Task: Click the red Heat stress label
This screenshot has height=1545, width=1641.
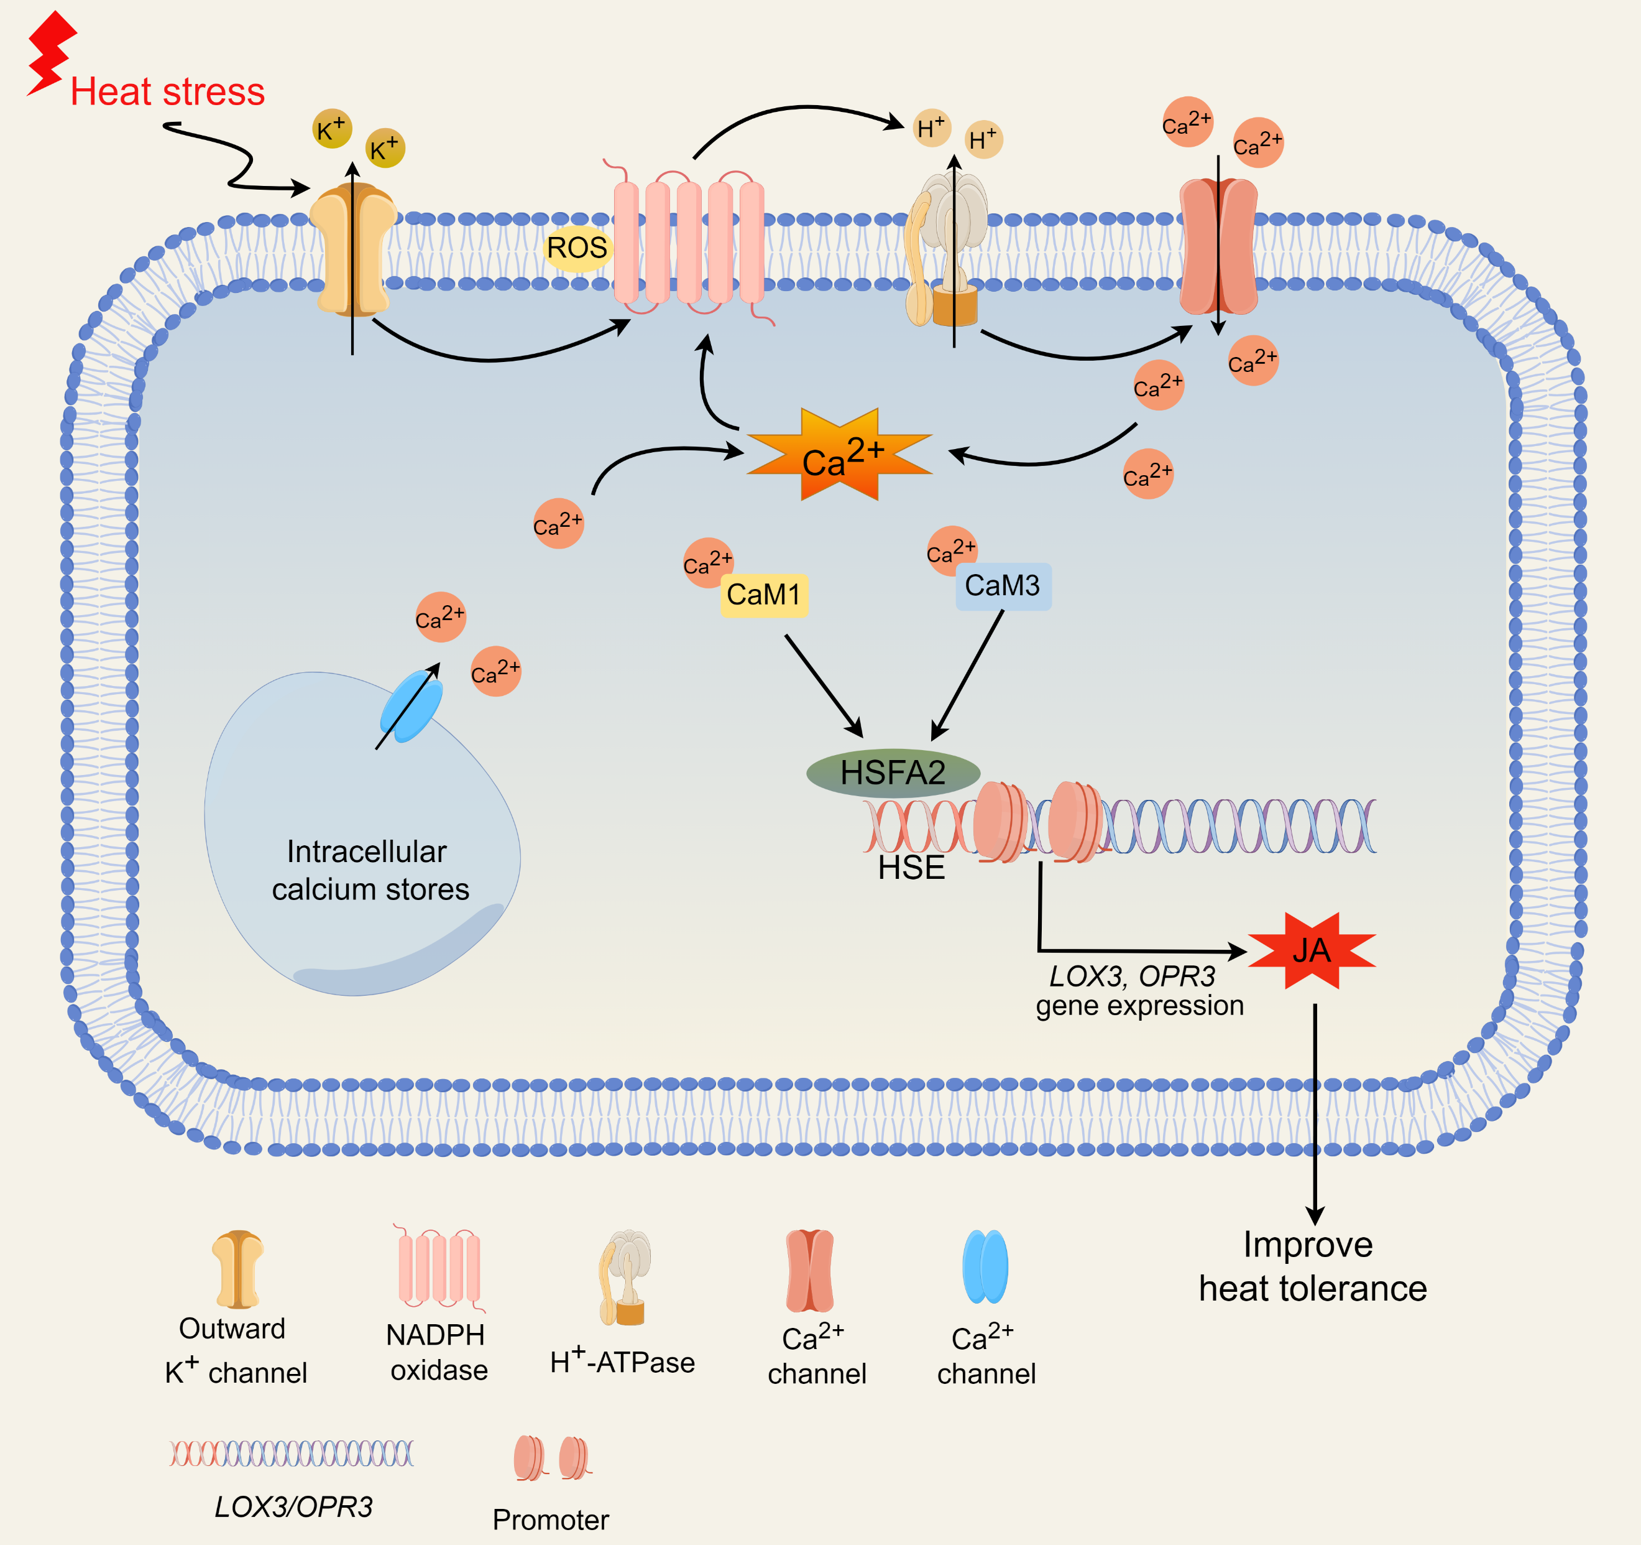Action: (168, 91)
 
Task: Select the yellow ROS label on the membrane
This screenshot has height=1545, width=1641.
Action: (577, 248)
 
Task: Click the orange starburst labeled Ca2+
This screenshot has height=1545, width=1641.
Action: (840, 456)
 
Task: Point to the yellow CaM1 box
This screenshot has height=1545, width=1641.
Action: (763, 595)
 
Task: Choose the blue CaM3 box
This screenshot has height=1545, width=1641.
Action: (1003, 587)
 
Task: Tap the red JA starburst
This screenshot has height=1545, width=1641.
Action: (1312, 950)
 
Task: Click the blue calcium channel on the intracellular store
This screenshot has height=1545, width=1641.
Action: (411, 706)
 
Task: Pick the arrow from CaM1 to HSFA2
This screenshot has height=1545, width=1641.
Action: (823, 685)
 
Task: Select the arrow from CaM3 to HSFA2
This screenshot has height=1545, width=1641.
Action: (967, 674)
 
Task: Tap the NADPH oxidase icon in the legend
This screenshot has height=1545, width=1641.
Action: (439, 1268)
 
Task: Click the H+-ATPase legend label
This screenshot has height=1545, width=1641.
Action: (622, 1362)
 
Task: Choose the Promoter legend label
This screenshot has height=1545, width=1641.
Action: (551, 1519)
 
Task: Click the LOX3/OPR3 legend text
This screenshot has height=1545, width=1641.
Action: (294, 1507)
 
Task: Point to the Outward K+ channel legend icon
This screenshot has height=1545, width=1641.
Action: (237, 1269)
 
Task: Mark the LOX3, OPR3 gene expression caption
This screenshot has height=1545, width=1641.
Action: (1139, 991)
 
